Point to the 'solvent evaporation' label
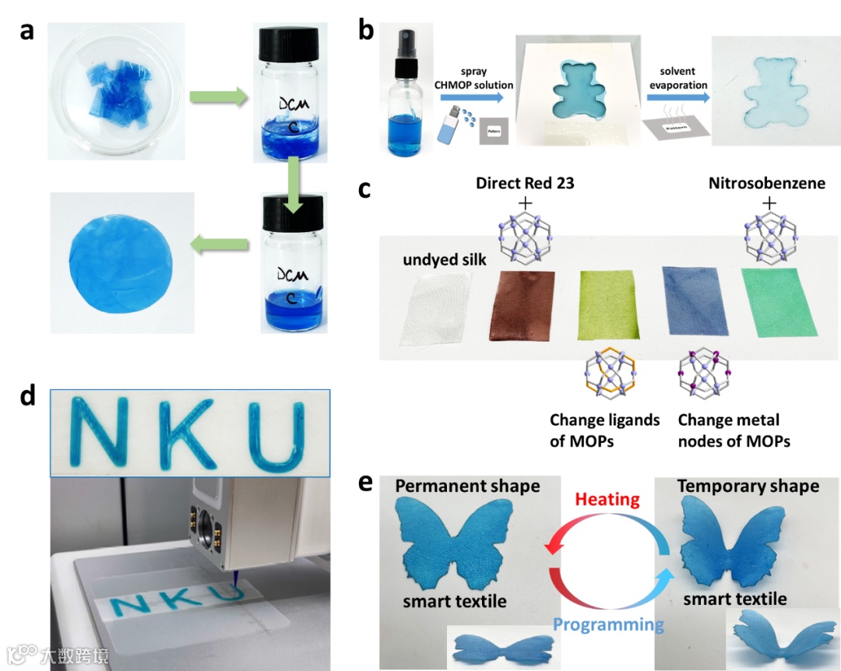click(x=677, y=77)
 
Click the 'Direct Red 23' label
click(x=526, y=183)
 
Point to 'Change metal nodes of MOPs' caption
click(x=734, y=430)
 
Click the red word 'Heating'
click(x=607, y=498)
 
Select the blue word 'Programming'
click(x=608, y=624)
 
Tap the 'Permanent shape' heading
click(x=467, y=486)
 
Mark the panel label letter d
click(x=28, y=396)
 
